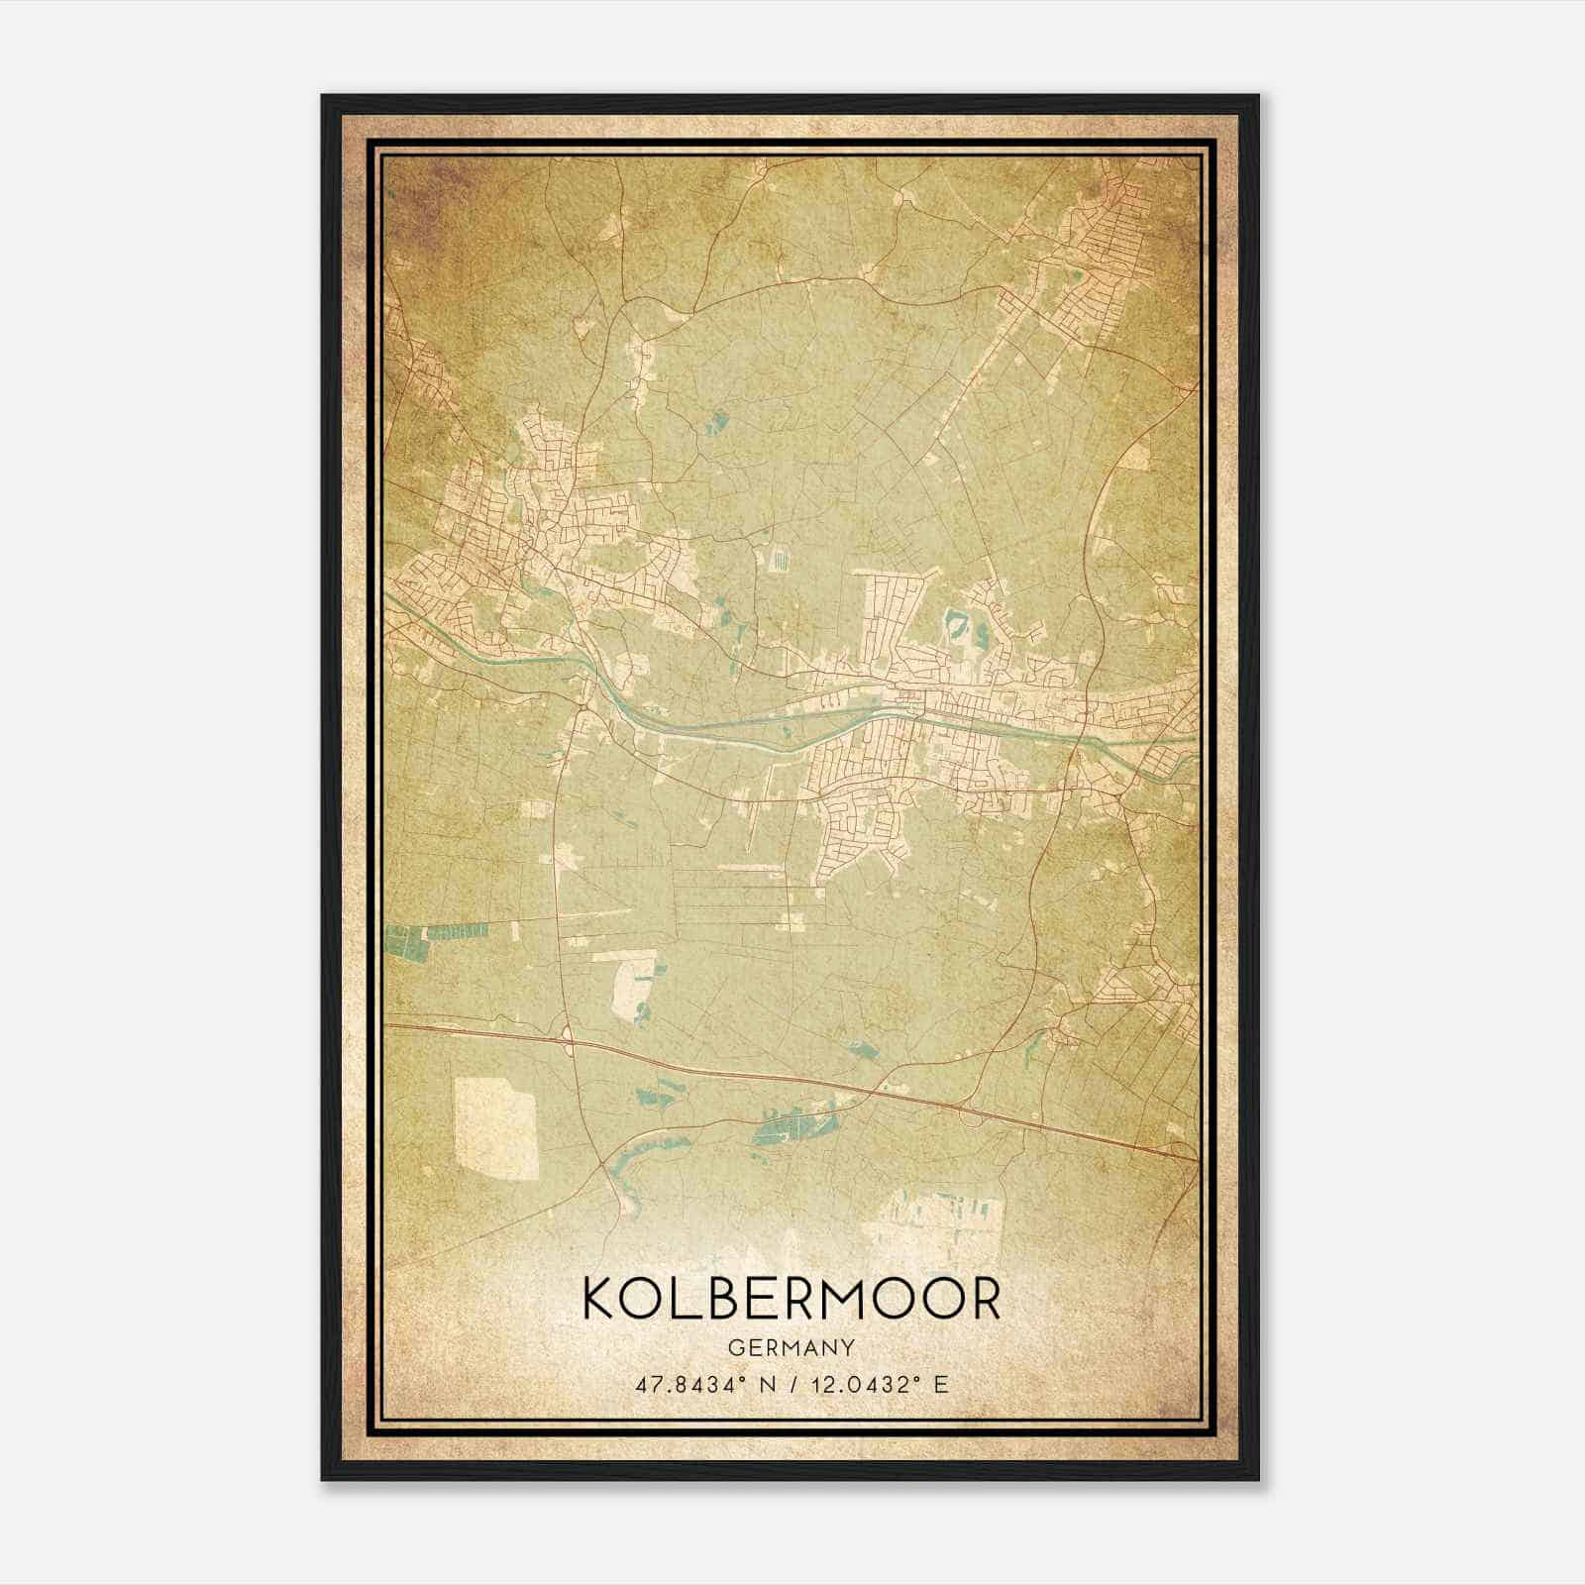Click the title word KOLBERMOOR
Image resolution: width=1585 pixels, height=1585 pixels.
click(x=792, y=1298)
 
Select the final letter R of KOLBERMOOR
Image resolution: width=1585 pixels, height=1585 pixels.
click(x=983, y=1298)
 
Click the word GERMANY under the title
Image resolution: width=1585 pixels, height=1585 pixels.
click(x=792, y=1347)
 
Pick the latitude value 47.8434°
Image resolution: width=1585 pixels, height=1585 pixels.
click(x=684, y=1384)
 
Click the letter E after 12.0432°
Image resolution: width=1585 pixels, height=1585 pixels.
click(x=941, y=1384)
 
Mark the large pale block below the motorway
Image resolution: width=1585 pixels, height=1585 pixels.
click(x=495, y=1129)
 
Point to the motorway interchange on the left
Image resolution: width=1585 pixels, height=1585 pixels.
click(x=568, y=1037)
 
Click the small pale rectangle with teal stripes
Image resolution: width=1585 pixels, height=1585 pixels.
click(x=777, y=559)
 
